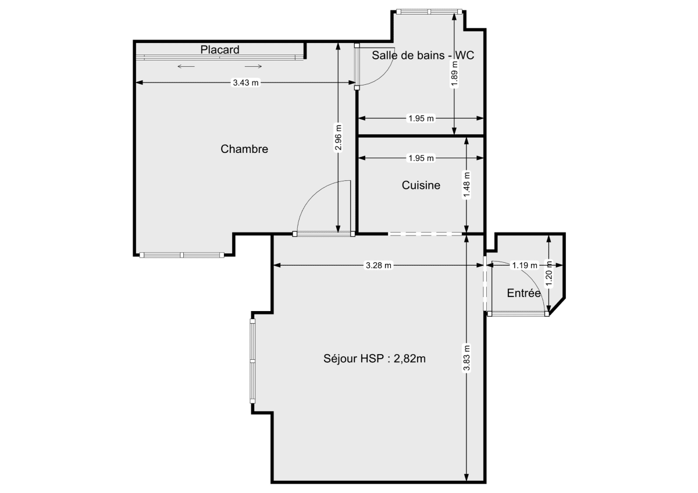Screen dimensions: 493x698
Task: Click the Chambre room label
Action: click(x=244, y=149)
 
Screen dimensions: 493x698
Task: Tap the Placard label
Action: click(x=220, y=50)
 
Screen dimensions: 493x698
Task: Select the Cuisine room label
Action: click(x=421, y=185)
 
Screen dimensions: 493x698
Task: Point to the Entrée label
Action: click(x=524, y=293)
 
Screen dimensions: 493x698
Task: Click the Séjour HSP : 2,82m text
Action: click(x=375, y=358)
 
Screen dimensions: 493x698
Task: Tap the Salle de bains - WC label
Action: click(x=423, y=55)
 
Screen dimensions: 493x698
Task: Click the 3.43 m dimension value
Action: click(x=245, y=83)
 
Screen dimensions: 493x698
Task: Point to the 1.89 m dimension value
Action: click(x=454, y=74)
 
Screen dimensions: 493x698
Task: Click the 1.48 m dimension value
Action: click(x=466, y=185)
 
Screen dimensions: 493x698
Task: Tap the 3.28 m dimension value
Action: click(x=379, y=266)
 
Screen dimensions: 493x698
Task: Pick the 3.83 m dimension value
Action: click(x=466, y=359)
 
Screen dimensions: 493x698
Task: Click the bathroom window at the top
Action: click(x=429, y=11)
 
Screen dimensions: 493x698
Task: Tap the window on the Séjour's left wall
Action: click(x=252, y=360)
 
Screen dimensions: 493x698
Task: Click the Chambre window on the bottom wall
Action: click(x=182, y=255)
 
